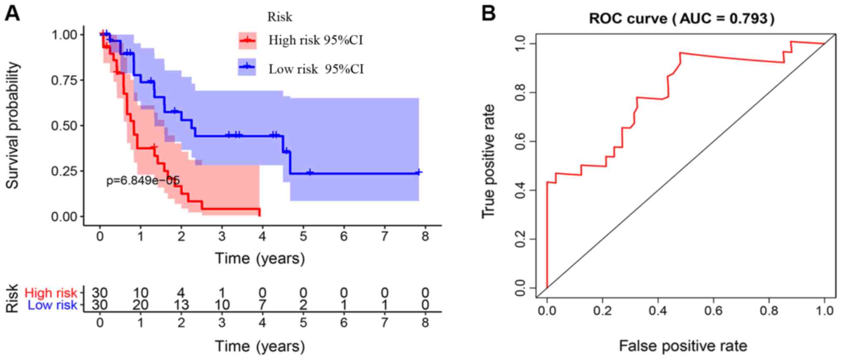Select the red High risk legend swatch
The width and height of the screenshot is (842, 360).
(247, 40)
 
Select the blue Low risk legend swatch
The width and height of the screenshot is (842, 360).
(247, 67)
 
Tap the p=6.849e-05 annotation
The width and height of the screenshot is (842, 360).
(143, 180)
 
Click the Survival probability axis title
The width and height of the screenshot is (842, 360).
(13, 125)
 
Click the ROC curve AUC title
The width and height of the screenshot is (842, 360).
(682, 19)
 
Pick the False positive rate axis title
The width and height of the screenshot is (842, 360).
(683, 345)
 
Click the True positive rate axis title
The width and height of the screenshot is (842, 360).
(488, 162)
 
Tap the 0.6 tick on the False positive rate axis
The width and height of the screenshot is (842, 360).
(714, 311)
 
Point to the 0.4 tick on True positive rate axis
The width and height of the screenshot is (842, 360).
(519, 190)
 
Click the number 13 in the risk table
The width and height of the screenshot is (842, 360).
(181, 305)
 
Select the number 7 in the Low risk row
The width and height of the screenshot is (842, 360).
(262, 305)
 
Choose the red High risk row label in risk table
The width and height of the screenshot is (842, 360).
(51, 293)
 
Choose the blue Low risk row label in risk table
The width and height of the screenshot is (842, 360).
(52, 305)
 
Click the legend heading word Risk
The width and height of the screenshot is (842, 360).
(279, 17)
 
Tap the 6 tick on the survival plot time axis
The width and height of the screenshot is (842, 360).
(344, 236)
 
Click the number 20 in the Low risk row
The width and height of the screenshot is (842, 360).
(141, 305)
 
